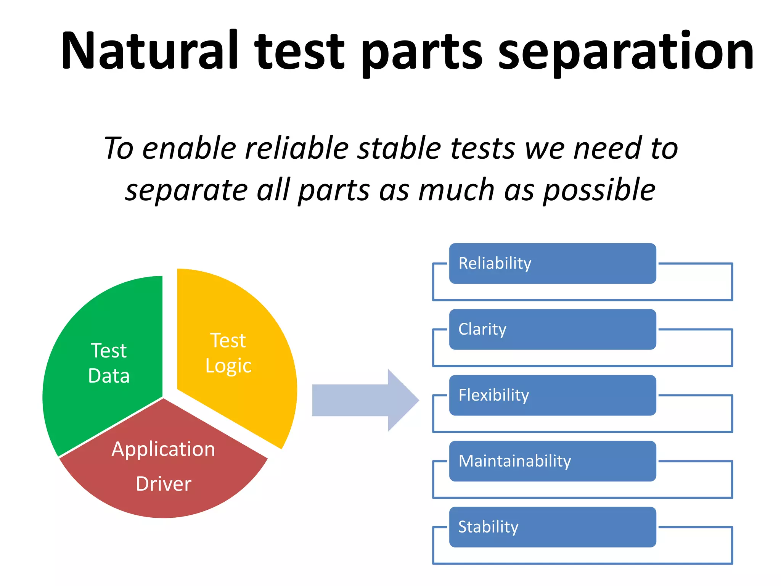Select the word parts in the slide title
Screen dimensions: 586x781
coord(421,53)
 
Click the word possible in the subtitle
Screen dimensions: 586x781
coord(599,191)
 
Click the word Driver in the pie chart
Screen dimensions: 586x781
coord(164,484)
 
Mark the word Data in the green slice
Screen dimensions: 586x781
coord(109,376)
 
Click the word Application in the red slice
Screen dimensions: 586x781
coord(163,449)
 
